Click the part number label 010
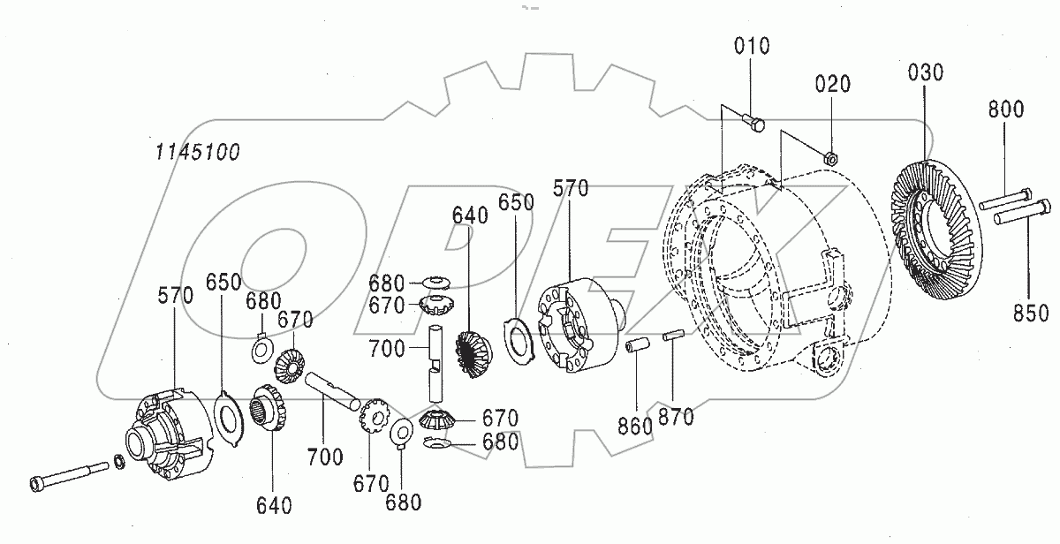(x=751, y=45)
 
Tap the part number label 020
(x=833, y=85)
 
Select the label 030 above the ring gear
(x=924, y=72)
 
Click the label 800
(x=1005, y=110)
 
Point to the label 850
(x=1030, y=313)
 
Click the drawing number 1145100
(x=196, y=151)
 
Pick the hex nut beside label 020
(x=830, y=157)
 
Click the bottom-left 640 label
(x=276, y=505)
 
